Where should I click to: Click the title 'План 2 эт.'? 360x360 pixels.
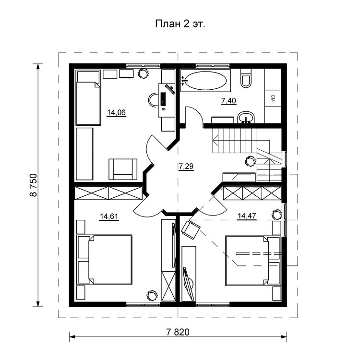coord(180,24)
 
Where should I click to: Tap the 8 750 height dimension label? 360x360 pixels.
coord(33,185)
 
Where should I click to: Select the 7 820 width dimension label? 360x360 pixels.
coord(178,332)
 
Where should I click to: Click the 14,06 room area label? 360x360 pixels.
coord(117,112)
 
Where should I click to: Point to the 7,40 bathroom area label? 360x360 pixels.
coord(228,101)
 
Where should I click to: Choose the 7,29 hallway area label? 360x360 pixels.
coord(186,166)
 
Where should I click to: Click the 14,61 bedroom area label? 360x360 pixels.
coord(109,216)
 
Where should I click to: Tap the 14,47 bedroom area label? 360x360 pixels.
coord(247,216)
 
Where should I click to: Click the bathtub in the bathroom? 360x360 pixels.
coord(205,81)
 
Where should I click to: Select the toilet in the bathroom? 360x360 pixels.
coord(246,78)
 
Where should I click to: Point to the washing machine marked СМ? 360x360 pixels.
coord(273,98)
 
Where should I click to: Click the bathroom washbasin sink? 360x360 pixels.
coord(246,118)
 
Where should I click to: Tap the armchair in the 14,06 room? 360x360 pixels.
coord(123,169)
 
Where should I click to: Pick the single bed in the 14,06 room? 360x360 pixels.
coord(88,98)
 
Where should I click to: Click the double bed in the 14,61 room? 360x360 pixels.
coord(105,260)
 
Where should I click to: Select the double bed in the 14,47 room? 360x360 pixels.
coord(253,260)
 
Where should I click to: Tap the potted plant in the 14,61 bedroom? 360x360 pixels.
coord(152,295)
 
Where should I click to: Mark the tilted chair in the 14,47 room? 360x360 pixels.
coord(191,229)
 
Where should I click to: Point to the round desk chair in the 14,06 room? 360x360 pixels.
coord(154,100)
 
